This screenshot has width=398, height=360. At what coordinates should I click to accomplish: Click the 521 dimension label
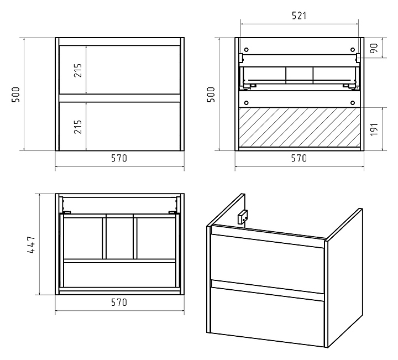299,15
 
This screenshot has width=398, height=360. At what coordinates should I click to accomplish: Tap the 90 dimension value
374,48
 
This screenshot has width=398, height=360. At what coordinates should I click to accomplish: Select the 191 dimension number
374,129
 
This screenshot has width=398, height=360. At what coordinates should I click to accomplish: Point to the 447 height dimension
31,245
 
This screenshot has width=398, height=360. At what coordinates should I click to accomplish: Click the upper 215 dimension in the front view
78,70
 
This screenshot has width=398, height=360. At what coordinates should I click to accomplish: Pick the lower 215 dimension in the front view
78,127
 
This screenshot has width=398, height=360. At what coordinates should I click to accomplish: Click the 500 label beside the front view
15,95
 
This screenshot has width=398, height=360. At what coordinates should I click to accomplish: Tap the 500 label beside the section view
211,95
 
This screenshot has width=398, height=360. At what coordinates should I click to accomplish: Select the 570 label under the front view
119,158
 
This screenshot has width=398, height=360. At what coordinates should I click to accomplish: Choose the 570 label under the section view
298,158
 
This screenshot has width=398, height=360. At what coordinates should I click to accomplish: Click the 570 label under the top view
119,302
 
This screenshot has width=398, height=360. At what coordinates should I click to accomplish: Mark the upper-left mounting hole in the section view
246,50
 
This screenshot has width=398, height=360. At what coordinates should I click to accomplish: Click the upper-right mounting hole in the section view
353,50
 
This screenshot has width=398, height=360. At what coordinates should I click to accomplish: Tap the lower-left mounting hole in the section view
246,103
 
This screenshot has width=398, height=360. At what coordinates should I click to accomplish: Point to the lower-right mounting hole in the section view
353,103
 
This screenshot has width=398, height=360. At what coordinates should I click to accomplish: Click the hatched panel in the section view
300,127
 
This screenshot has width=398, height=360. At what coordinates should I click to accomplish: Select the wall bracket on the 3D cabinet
243,217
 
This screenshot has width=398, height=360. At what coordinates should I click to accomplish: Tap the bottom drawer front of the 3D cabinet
268,317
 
